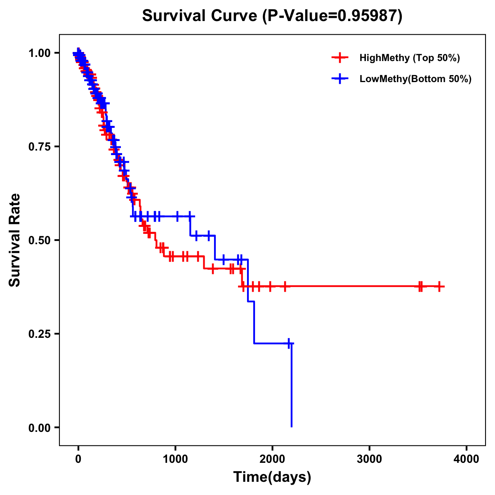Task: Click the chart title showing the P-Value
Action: [x=272, y=16]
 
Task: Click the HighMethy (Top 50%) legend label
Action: [x=409, y=58]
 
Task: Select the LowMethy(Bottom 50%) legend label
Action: [x=415, y=79]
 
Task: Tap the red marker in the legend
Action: [x=339, y=58]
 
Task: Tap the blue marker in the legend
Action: [x=339, y=79]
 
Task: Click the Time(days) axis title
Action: [x=272, y=477]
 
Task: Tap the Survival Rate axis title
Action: [x=15, y=240]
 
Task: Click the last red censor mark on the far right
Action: [x=439, y=286]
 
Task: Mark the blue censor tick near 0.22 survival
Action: [x=289, y=343]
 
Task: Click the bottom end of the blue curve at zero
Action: [x=292, y=427]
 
